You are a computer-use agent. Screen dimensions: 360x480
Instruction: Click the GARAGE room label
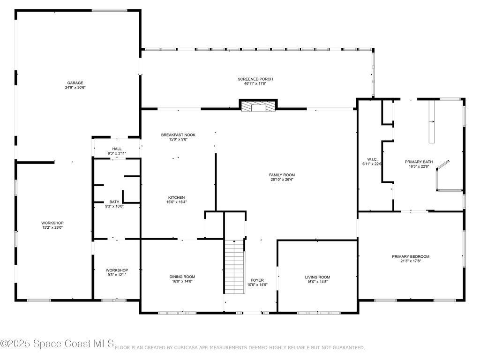click(x=75, y=82)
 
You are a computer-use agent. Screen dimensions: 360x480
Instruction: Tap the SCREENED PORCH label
click(x=255, y=79)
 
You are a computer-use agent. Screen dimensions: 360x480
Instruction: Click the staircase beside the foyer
click(x=234, y=266)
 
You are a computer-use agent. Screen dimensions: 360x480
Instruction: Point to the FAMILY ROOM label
click(x=282, y=175)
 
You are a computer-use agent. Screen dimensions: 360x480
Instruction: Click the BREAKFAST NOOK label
click(x=178, y=135)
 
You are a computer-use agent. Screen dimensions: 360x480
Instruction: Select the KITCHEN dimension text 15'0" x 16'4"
click(x=176, y=202)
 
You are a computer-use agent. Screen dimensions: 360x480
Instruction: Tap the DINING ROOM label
click(x=182, y=277)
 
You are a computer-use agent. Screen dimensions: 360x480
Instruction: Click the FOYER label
click(x=257, y=280)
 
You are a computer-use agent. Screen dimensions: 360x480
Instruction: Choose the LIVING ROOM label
click(x=317, y=277)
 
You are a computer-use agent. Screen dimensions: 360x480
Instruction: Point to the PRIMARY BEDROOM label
click(x=411, y=256)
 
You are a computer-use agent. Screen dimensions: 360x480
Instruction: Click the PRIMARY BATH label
click(x=419, y=162)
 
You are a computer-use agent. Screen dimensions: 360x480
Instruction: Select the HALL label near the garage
click(x=117, y=149)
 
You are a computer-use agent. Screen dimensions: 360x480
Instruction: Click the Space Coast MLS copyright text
click(x=57, y=345)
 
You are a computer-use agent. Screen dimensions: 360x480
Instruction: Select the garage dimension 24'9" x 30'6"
click(x=75, y=87)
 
